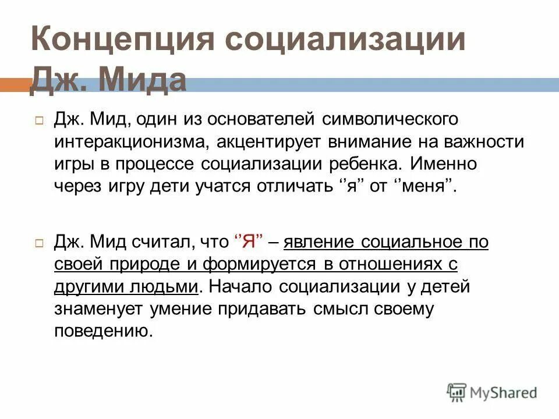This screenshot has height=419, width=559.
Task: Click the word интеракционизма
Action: (x=129, y=142)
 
